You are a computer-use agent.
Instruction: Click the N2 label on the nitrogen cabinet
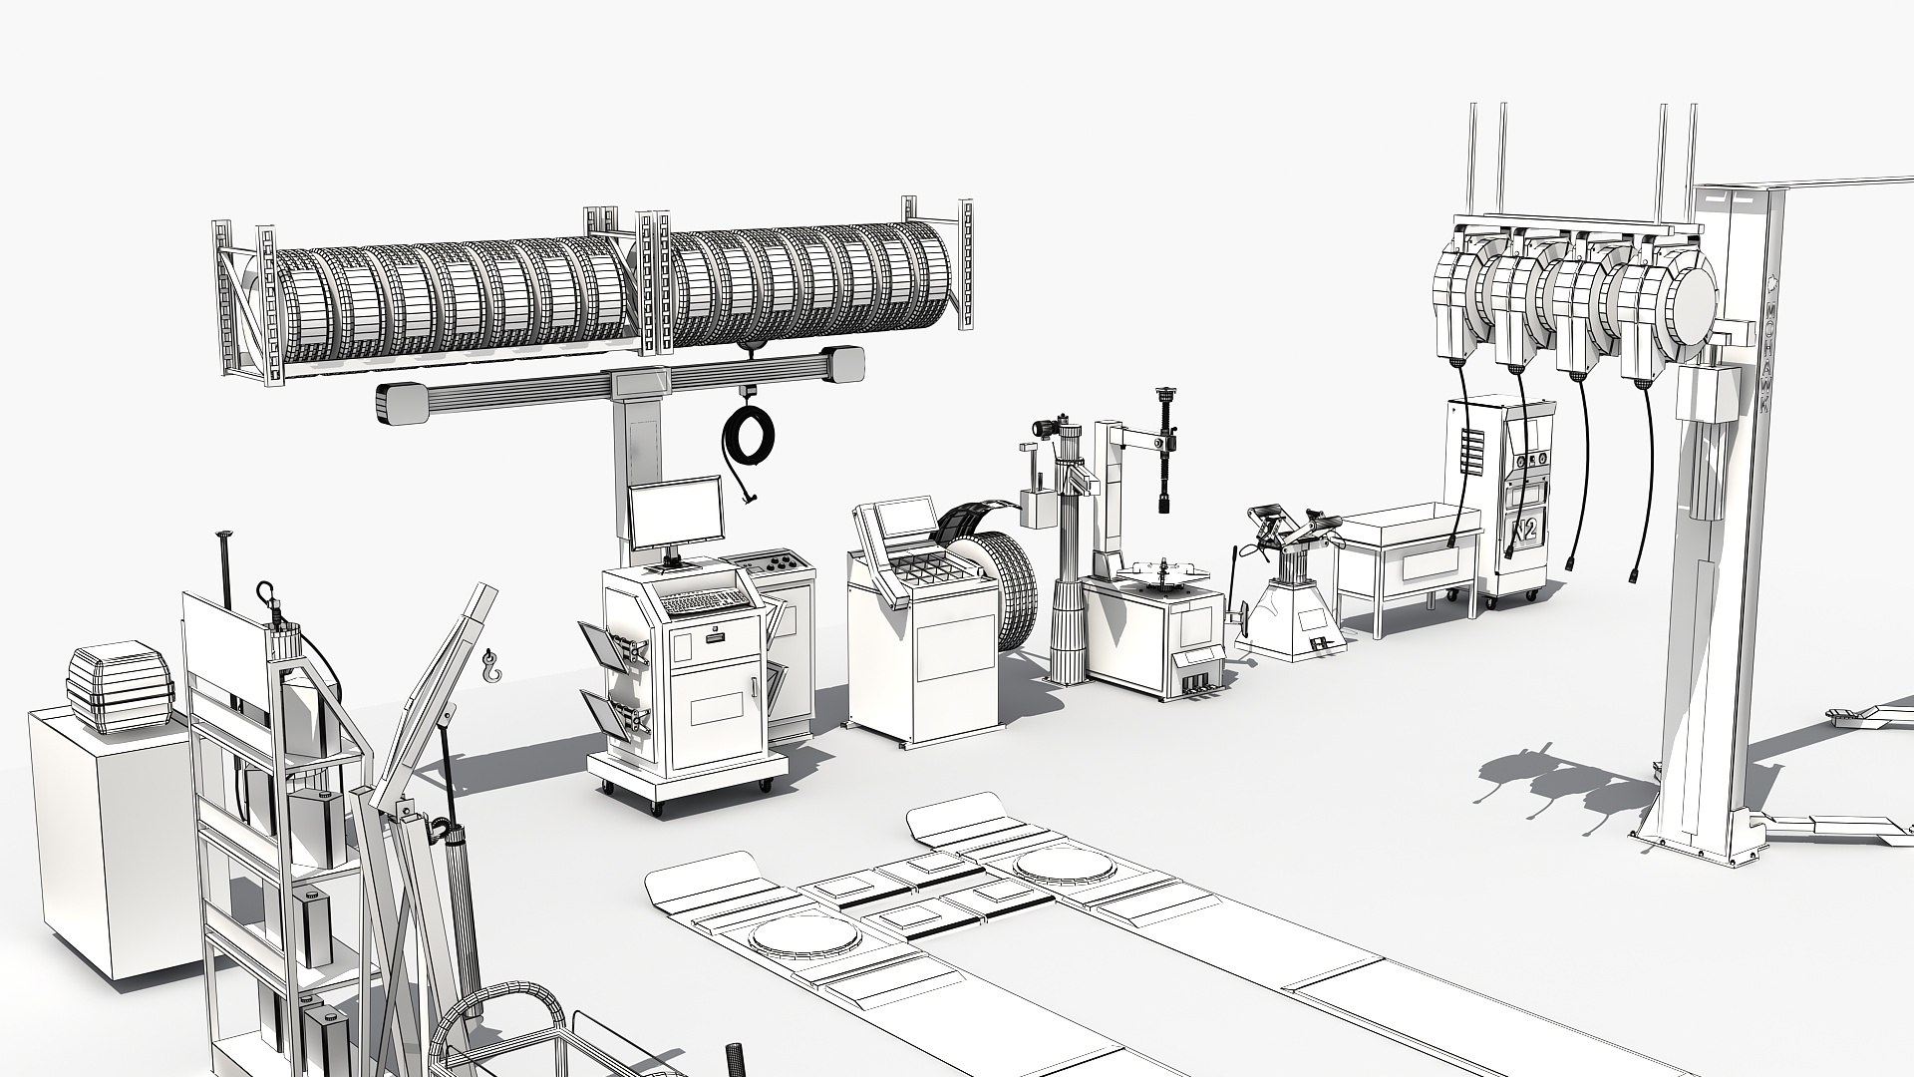click(1524, 530)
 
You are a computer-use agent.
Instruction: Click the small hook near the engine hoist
click(489, 666)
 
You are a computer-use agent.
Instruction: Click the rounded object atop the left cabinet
click(117, 688)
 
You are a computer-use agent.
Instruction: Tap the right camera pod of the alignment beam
click(843, 364)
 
